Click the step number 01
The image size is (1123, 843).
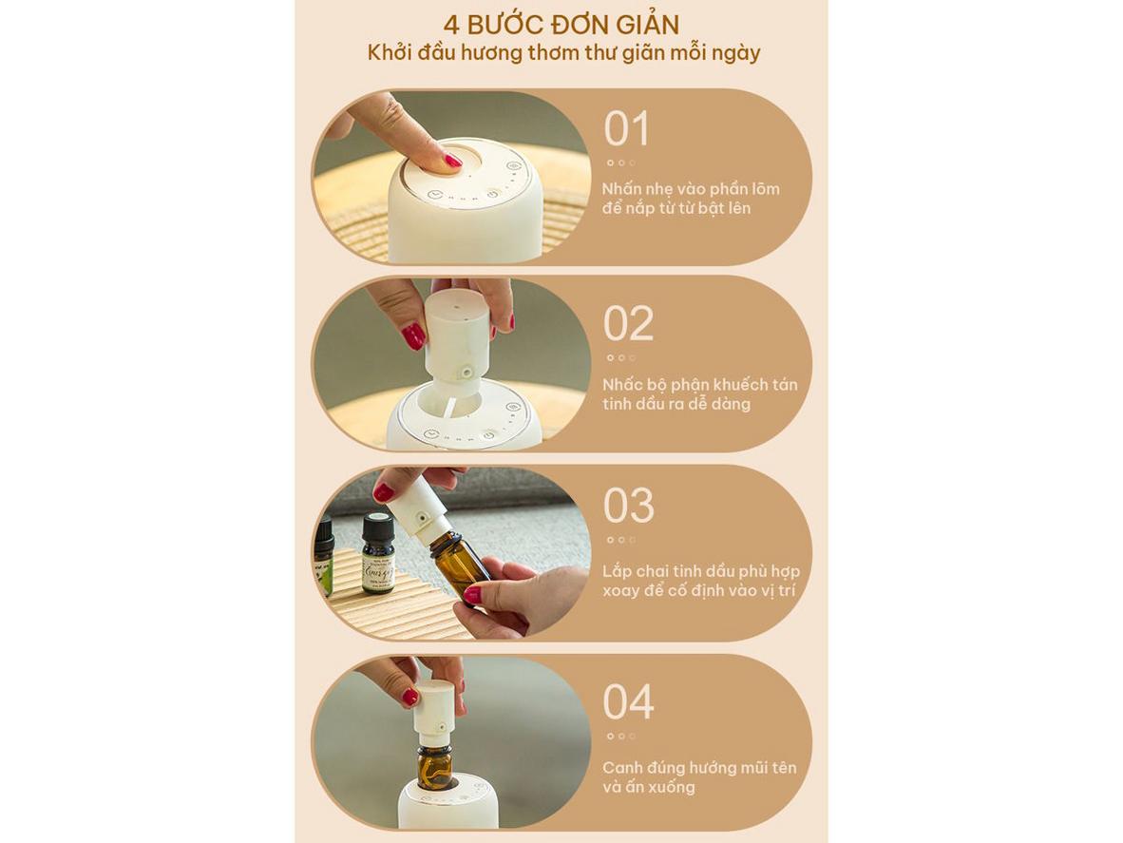[627, 129]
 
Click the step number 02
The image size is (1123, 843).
[628, 324]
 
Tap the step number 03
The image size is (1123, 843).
[628, 506]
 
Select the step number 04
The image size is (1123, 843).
[628, 702]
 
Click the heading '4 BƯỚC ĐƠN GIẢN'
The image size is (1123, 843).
[561, 25]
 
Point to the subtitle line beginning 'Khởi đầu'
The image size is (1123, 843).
[563, 53]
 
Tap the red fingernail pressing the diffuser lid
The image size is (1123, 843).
[452, 161]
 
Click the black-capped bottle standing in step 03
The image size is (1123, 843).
[377, 553]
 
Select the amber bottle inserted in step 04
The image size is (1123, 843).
[434, 766]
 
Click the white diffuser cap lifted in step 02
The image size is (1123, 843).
[455, 336]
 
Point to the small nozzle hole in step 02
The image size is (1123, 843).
[465, 374]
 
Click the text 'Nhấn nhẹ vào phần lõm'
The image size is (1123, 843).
[691, 189]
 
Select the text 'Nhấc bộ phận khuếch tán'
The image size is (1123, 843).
[699, 384]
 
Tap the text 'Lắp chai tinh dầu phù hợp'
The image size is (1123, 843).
[700, 571]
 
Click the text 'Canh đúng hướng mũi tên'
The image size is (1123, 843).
[699, 767]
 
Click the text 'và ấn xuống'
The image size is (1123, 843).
[648, 786]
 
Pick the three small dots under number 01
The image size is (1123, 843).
[621, 163]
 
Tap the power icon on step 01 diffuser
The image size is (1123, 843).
[493, 194]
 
